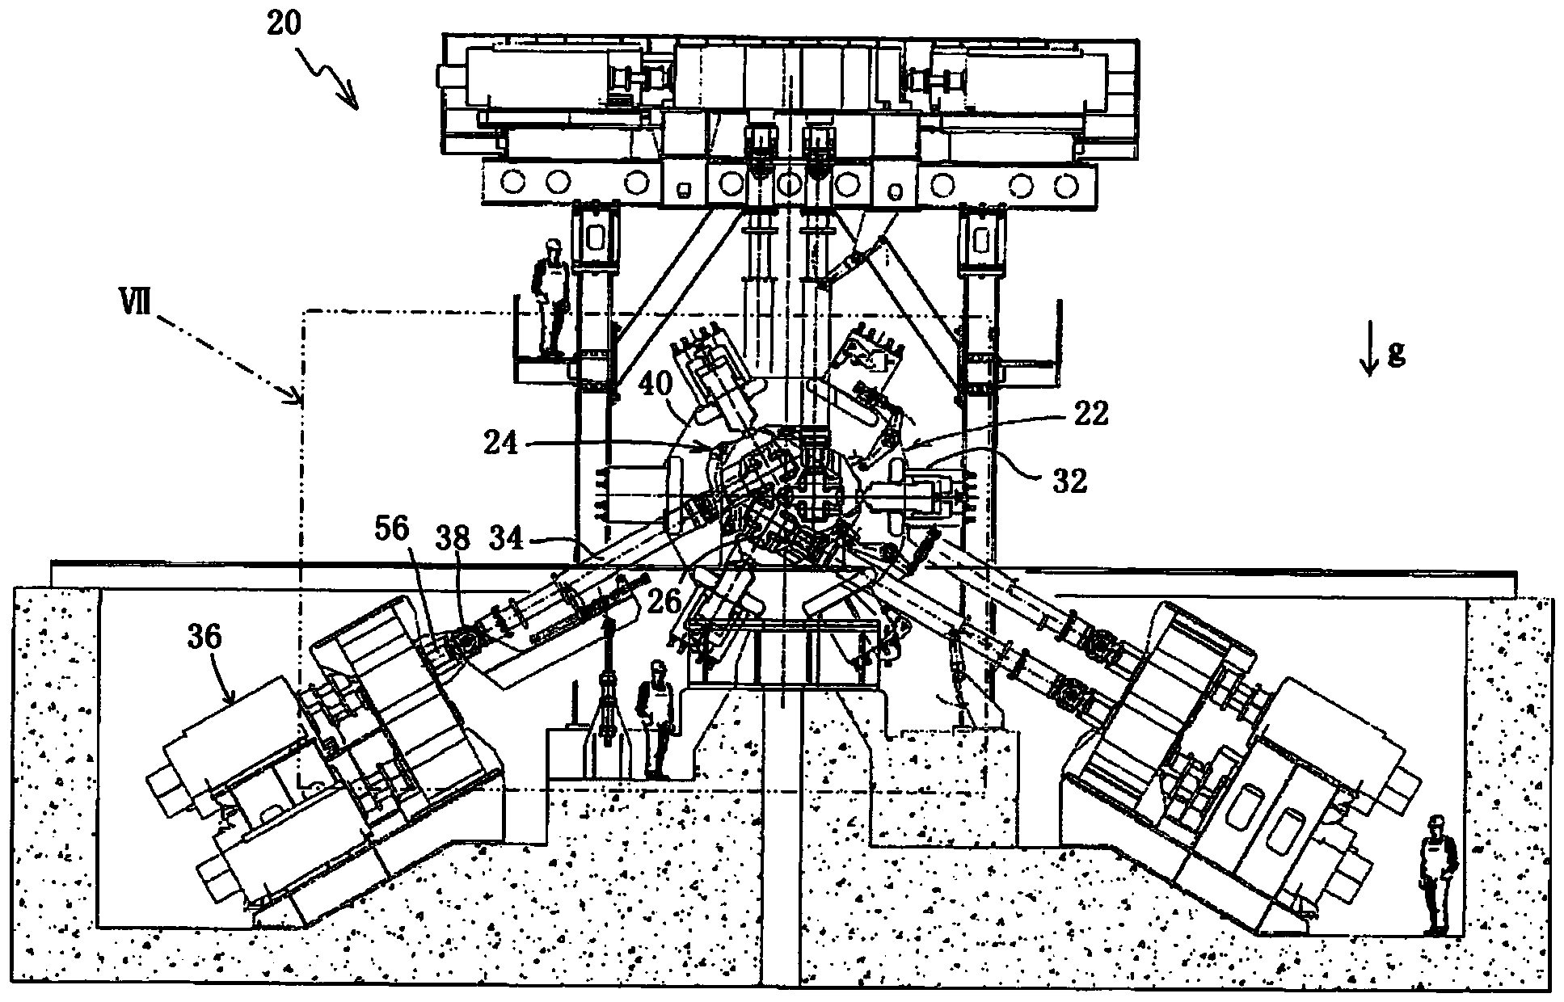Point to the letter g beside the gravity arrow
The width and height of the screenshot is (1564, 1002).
pyautogui.click(x=1394, y=354)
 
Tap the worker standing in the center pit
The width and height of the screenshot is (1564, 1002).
pyautogui.click(x=656, y=719)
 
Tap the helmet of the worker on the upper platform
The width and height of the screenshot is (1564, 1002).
pyautogui.click(x=554, y=245)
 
